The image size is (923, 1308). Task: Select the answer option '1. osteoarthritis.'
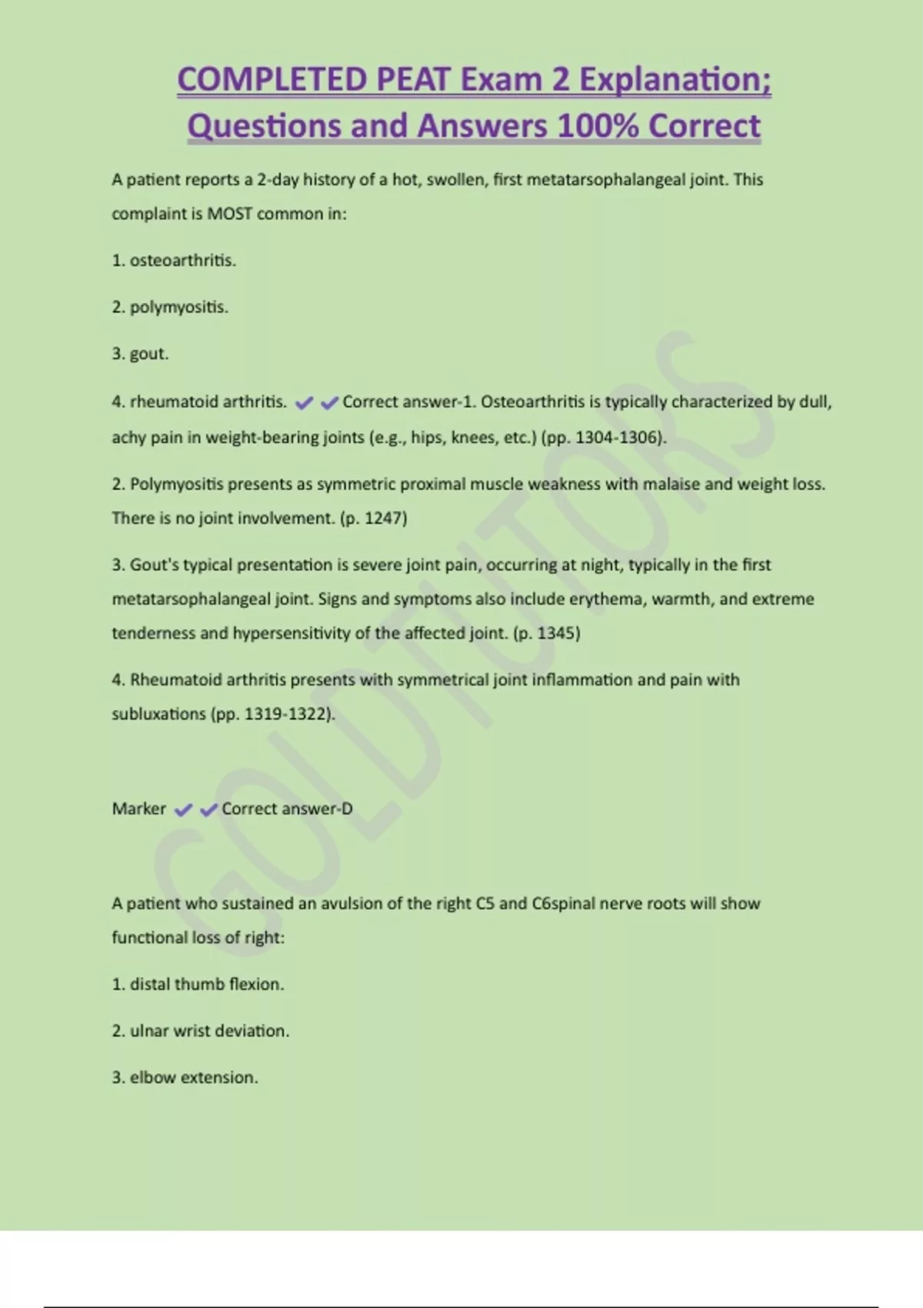pyautogui.click(x=174, y=261)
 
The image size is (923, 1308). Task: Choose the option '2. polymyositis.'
pyautogui.click(x=170, y=307)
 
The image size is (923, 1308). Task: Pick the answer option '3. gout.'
pyautogui.click(x=140, y=354)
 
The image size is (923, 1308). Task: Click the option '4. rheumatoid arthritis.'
pyautogui.click(x=199, y=402)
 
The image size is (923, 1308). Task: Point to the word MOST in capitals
pyautogui.click(x=229, y=214)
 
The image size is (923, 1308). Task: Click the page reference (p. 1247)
pyautogui.click(x=373, y=518)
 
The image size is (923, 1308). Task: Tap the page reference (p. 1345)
pyautogui.click(x=546, y=633)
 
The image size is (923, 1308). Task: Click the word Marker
pyautogui.click(x=138, y=809)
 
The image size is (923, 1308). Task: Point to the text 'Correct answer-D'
pyautogui.click(x=287, y=809)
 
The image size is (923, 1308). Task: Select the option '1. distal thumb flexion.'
pyautogui.click(x=198, y=984)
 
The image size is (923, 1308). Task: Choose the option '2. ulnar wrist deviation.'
pyautogui.click(x=201, y=1031)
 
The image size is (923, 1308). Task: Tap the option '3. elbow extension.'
pyautogui.click(x=185, y=1077)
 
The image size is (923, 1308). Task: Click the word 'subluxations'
pyautogui.click(x=159, y=714)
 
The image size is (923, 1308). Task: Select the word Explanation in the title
pyautogui.click(x=675, y=80)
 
